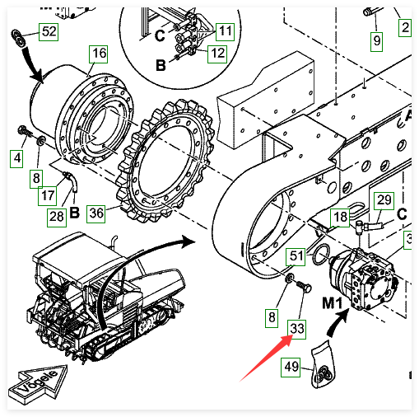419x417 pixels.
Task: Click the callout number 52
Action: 49,32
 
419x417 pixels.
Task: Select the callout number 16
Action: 98,54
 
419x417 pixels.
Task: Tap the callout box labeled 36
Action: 95,213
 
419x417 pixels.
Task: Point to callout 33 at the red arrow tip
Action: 296,330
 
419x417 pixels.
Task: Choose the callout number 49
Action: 291,368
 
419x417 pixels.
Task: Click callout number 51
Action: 296,257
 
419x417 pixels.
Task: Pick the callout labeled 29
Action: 384,201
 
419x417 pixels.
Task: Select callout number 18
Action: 340,218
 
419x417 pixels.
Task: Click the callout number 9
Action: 376,41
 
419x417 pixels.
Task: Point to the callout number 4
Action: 16,158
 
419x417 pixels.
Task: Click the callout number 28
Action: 57,218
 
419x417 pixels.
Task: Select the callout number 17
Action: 48,196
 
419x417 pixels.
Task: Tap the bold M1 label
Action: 333,303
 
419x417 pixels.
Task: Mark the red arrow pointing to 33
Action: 265,359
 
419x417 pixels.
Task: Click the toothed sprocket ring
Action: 165,161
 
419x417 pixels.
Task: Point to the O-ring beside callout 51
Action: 320,255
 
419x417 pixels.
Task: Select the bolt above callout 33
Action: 305,286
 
